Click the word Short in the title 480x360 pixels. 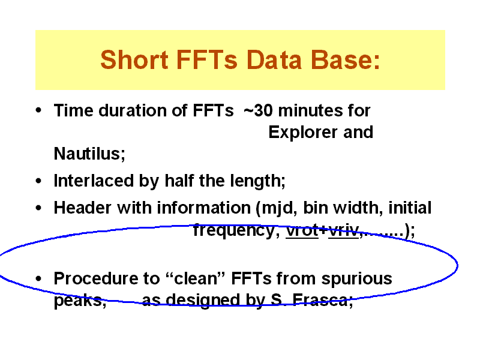tap(134, 59)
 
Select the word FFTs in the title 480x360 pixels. tap(206, 59)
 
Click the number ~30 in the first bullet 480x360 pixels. tap(258, 110)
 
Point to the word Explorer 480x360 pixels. tap(304, 133)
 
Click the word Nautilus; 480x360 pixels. tap(89, 154)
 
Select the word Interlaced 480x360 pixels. tap(94, 181)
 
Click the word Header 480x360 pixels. tap(82, 208)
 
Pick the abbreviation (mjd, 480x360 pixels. tap(277, 208)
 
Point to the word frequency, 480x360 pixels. tap(236, 230)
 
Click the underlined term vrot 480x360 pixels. tap(302, 230)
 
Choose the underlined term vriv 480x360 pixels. tap(343, 230)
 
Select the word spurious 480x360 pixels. tap(356, 279)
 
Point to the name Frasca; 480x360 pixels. tap(323, 300)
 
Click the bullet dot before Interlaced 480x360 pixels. tap(38, 181)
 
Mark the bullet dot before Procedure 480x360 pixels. tap(38, 278)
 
